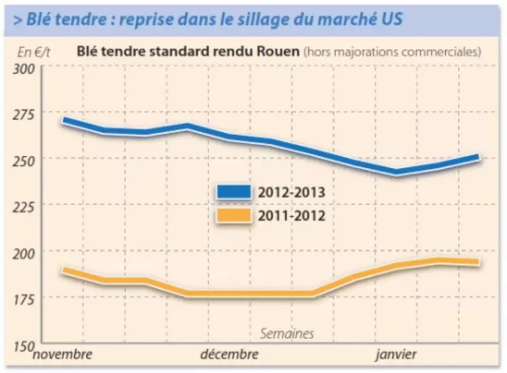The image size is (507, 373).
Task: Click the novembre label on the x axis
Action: pos(62,355)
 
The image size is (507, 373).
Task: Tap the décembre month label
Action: pos(229,355)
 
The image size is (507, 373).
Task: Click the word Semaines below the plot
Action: pos(287,334)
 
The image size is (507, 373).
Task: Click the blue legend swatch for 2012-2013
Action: pos(232,192)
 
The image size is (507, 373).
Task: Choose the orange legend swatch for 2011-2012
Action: pos(232,216)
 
